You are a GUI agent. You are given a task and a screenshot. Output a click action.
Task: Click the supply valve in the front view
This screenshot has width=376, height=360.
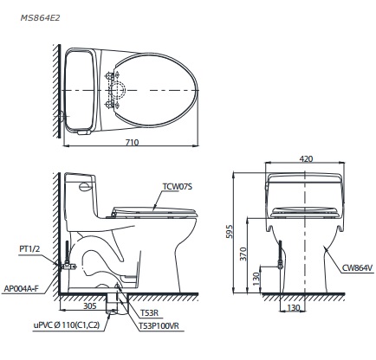point(280,257)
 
